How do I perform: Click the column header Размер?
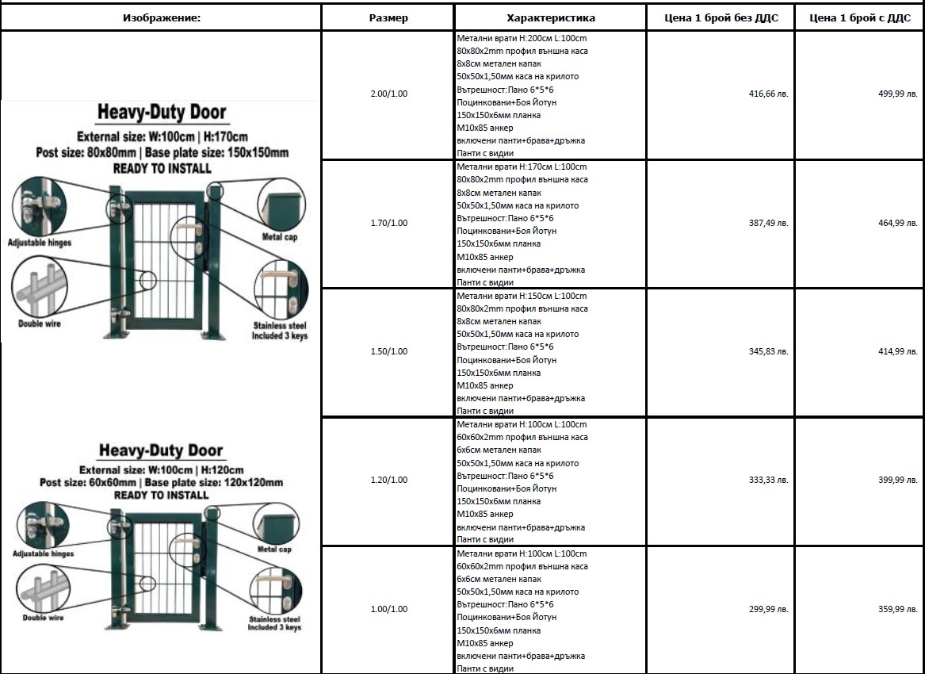(x=388, y=17)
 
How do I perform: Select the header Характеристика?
(x=550, y=17)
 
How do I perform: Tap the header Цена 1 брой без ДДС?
(x=720, y=17)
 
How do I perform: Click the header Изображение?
(x=162, y=17)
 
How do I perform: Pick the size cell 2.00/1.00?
(x=388, y=94)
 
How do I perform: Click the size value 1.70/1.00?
(x=388, y=223)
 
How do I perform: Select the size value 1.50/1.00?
(x=388, y=351)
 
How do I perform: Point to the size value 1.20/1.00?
(x=388, y=480)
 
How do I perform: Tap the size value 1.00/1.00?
(x=388, y=609)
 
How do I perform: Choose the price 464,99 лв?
(x=897, y=223)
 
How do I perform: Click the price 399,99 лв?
(x=897, y=480)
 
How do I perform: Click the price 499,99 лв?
(x=897, y=94)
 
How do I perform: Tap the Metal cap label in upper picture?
(x=280, y=237)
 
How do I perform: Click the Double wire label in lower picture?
(x=43, y=617)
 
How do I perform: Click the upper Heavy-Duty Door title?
(x=162, y=113)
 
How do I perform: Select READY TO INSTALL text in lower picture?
(x=162, y=495)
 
